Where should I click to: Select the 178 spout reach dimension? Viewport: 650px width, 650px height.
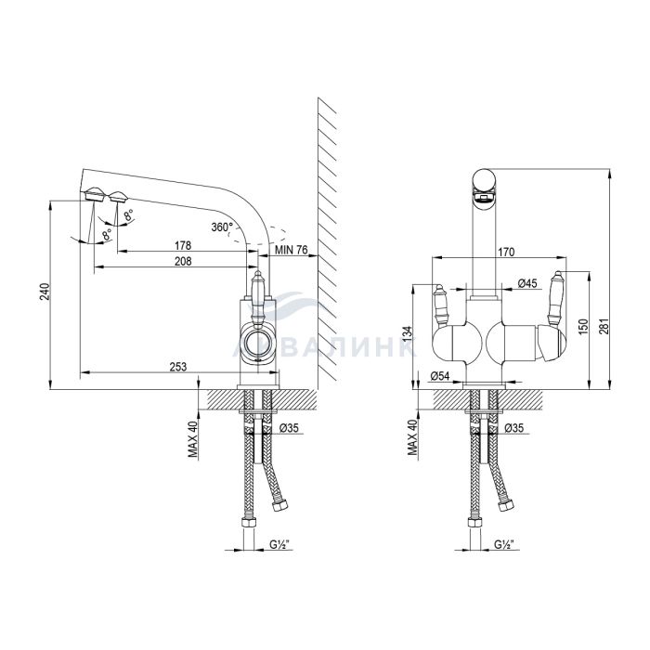coord(183,245)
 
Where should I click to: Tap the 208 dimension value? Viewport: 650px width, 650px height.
coord(183,261)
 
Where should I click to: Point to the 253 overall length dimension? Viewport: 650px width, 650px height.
coord(178,367)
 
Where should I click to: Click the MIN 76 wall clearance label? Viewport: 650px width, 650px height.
coord(292,250)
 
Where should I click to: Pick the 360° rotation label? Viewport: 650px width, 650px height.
coord(223,227)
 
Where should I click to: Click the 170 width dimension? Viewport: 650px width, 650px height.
coord(506,252)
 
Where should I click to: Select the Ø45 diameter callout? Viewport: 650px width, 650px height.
coord(527,283)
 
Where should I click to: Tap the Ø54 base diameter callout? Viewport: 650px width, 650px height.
coord(440,376)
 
